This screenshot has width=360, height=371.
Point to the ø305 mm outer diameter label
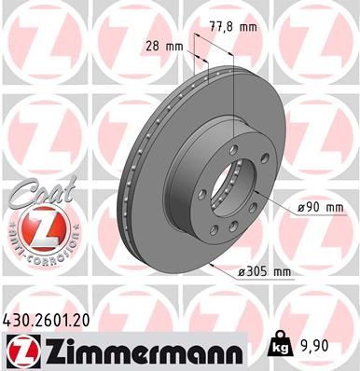pos(266,269)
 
